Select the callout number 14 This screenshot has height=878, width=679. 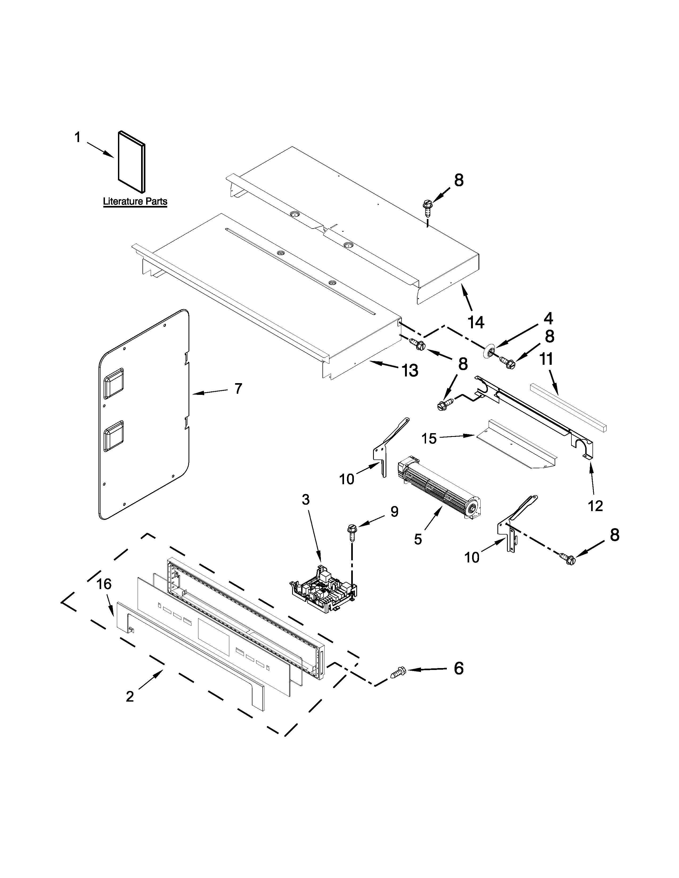[x=476, y=322]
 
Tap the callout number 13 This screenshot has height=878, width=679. [x=410, y=370]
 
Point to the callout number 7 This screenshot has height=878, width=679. [x=238, y=388]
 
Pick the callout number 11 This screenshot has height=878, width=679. [x=546, y=359]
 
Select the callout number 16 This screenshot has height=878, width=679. [x=104, y=584]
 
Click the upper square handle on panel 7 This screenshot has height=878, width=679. [x=114, y=382]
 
